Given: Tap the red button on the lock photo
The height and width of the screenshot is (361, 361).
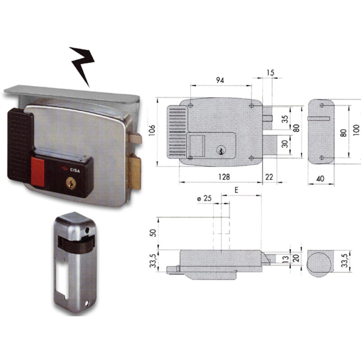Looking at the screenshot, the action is coord(37,172).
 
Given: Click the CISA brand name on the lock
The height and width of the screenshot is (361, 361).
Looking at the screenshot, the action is coord(75,170).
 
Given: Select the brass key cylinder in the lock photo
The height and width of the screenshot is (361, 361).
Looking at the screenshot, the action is coord(71,183).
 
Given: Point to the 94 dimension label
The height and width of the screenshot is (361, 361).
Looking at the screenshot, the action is coord(220,80).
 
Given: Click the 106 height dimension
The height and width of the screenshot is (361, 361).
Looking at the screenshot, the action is coord(152,130).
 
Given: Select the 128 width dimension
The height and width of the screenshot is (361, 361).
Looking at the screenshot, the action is coord(224,177).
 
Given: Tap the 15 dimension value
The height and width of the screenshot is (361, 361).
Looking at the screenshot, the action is coord(270,73).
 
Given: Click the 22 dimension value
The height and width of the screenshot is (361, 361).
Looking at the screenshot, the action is coord(269,177).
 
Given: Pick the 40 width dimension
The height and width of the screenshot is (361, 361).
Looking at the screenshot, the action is coord(320,178).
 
